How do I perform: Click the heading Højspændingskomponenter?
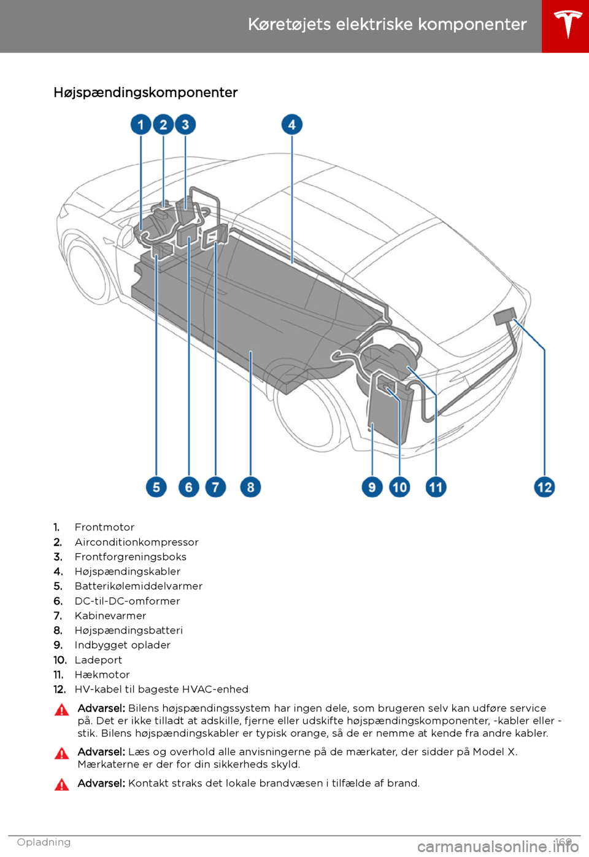point(145,93)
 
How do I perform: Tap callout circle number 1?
point(141,125)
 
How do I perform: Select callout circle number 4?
point(292,125)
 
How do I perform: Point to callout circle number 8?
point(250,487)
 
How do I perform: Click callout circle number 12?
point(544,487)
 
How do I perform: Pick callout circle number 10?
point(399,487)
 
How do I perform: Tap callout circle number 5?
point(156,487)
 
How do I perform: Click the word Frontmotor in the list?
point(104,527)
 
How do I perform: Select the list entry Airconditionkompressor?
point(136,542)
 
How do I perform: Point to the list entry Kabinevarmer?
point(110,616)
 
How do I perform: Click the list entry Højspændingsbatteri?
point(128,630)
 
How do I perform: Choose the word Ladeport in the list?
point(98,660)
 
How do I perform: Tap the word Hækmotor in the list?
point(102,675)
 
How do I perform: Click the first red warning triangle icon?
point(62,710)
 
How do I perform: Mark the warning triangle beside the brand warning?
point(62,785)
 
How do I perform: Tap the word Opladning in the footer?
point(44,842)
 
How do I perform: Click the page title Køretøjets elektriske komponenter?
point(387,25)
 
